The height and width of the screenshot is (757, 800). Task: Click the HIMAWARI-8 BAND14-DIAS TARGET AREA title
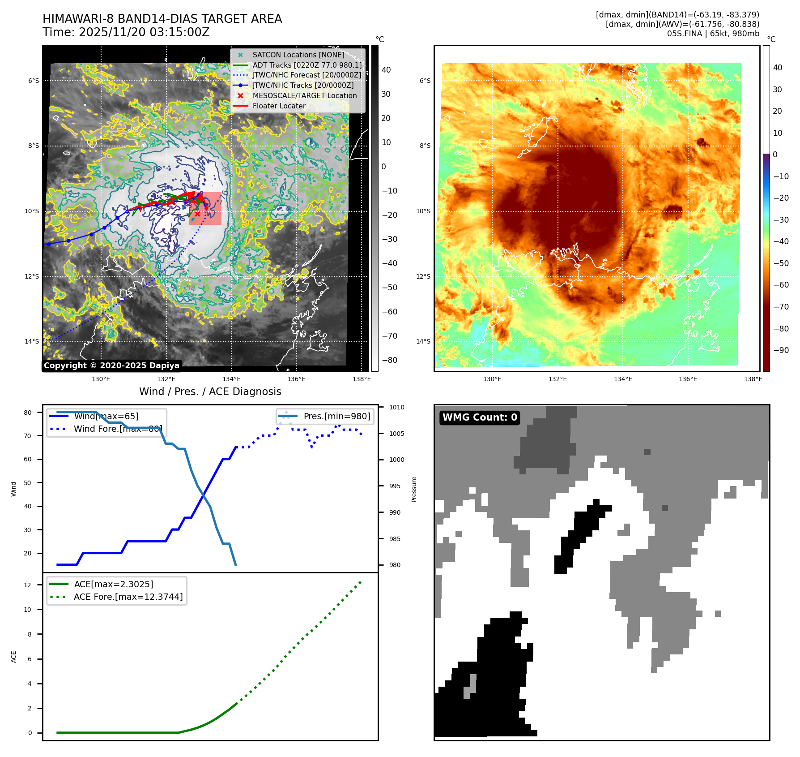pos(162,19)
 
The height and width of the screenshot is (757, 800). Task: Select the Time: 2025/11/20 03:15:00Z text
pos(126,32)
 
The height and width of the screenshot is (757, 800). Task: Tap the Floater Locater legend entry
pos(279,106)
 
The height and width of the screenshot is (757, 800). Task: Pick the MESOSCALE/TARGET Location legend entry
pos(304,96)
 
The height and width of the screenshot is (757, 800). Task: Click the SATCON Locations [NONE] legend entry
pos(298,55)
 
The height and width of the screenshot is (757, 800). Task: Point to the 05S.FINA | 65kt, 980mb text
pos(713,34)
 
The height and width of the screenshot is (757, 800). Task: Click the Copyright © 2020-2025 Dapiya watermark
pos(111,366)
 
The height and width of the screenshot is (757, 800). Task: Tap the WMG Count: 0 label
pos(480,417)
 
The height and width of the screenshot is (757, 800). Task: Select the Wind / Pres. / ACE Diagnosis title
pos(210,391)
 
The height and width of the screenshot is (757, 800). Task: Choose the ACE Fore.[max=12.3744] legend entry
pos(128,597)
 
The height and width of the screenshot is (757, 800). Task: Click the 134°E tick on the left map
pos(231,379)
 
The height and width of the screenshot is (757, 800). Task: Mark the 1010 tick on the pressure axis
pos(396,407)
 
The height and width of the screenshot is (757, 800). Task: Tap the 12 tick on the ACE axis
pos(28,585)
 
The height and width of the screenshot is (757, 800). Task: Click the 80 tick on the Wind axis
pos(28,413)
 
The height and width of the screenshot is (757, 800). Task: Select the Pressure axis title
pos(414,489)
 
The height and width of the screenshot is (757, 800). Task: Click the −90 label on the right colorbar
pos(781,350)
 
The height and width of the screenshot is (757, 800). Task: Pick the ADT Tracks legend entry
pos(307,65)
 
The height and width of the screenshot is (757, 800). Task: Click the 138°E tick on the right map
pos(753,379)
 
